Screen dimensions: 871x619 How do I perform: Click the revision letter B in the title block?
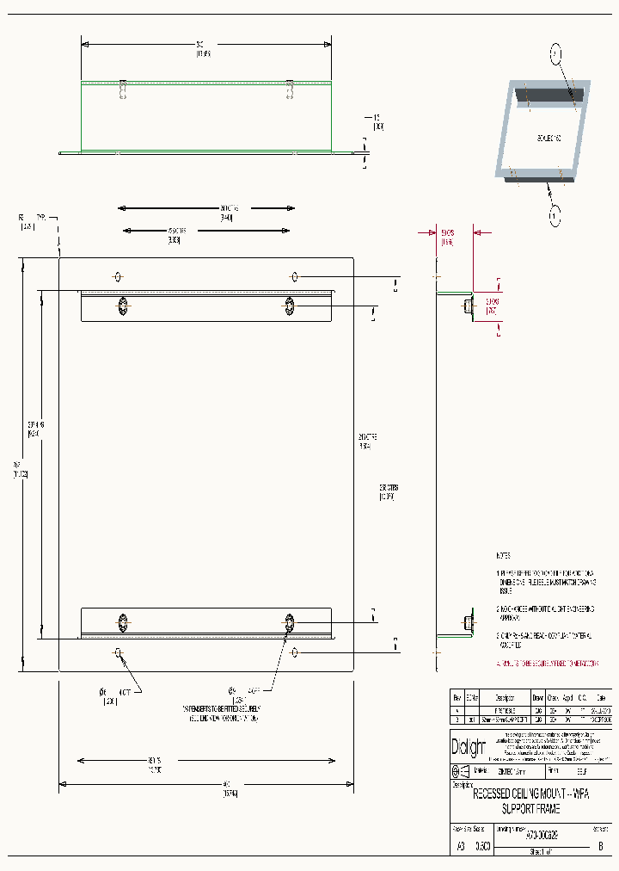click(x=599, y=846)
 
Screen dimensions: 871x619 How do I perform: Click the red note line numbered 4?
click(x=548, y=664)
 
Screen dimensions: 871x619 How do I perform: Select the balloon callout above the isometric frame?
click(x=555, y=54)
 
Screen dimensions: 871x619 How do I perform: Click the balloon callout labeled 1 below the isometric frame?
click(x=555, y=213)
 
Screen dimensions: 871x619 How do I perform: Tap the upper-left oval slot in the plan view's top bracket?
click(x=123, y=306)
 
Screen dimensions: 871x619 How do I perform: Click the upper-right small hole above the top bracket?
click(x=294, y=276)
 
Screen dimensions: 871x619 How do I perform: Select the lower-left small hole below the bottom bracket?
click(x=118, y=652)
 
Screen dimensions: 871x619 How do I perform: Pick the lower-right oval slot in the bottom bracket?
click(x=290, y=622)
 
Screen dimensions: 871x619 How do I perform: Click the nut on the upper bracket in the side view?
click(x=468, y=306)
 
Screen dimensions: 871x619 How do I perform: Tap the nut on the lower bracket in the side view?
click(x=468, y=622)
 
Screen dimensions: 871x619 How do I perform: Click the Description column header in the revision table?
click(x=505, y=698)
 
